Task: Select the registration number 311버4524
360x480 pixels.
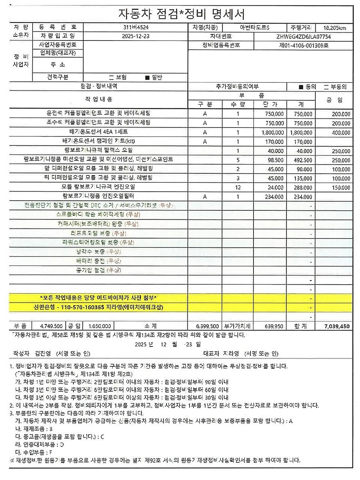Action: click(x=135, y=27)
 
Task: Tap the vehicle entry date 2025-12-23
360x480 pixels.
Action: click(x=135, y=36)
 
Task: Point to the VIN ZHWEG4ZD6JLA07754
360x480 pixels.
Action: click(x=303, y=37)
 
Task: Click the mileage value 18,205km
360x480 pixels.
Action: click(x=334, y=28)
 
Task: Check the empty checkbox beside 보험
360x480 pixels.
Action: click(x=111, y=78)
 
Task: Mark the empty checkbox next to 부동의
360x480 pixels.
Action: click(x=326, y=87)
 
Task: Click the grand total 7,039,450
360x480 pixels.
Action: click(x=337, y=326)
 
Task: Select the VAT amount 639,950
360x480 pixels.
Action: click(x=274, y=326)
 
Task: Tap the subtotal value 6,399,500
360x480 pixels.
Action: click(x=207, y=326)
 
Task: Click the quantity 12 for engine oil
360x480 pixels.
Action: click(x=238, y=187)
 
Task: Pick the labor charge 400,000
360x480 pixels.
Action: click(x=341, y=132)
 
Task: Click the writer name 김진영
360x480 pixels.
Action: click(x=43, y=353)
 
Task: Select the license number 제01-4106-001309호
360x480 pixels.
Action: click(x=304, y=45)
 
